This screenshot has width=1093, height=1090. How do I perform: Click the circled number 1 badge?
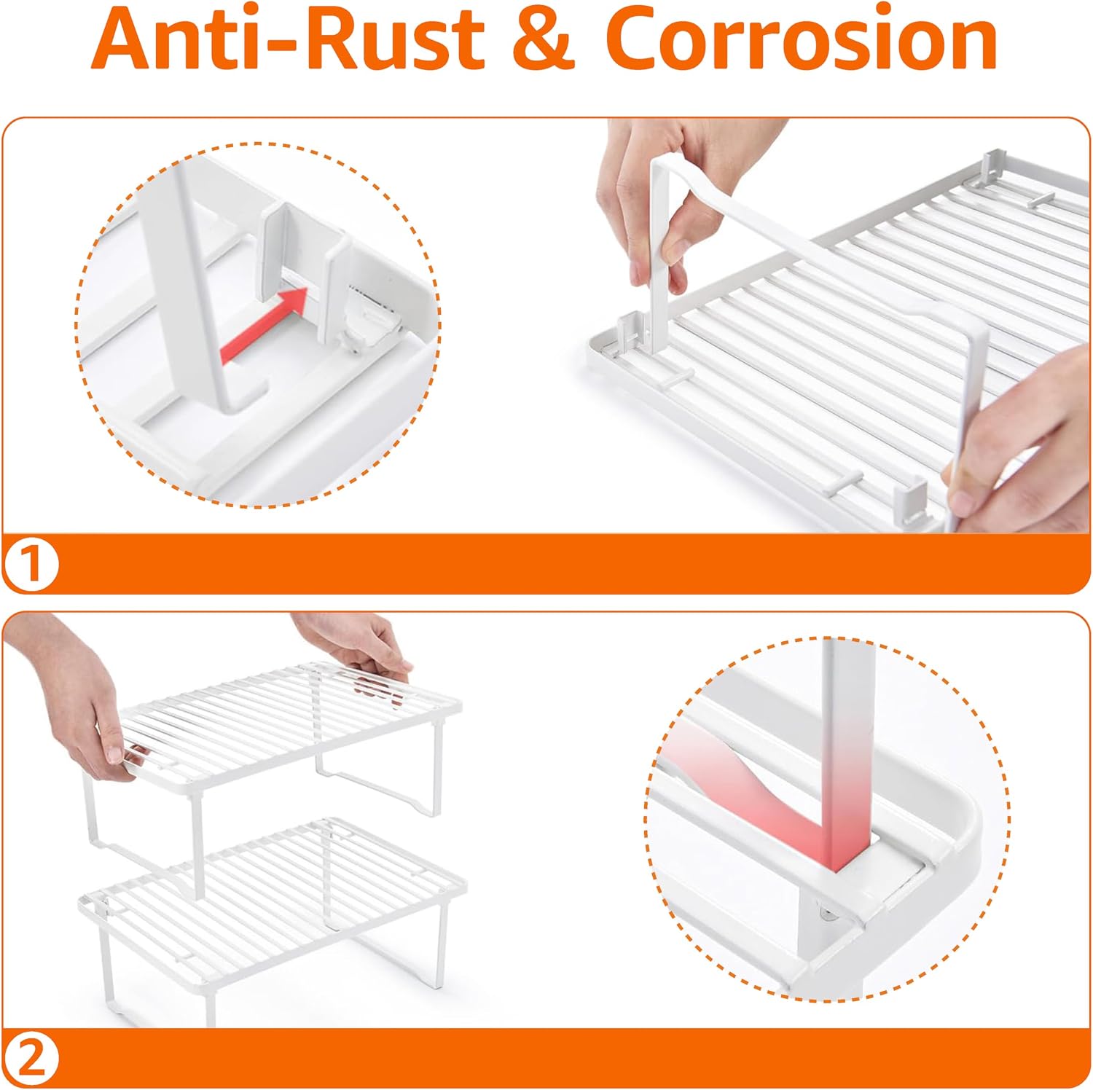31,564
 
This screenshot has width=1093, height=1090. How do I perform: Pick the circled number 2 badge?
31,1058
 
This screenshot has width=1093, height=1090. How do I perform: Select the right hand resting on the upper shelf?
357,645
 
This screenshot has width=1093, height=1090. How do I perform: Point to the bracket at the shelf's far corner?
996,168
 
